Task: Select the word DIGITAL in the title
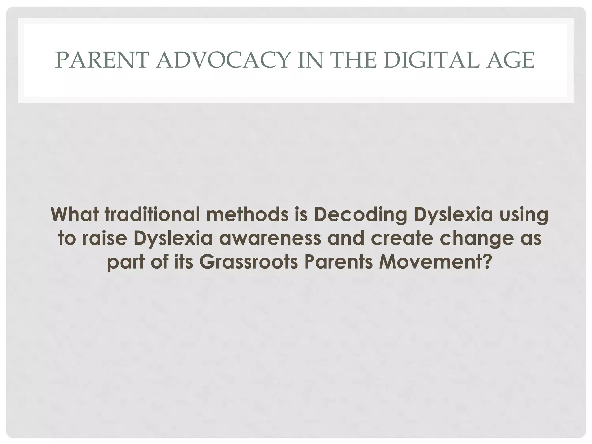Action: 432,60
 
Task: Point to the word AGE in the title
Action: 510,60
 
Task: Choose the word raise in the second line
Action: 104,238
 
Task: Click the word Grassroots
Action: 249,262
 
